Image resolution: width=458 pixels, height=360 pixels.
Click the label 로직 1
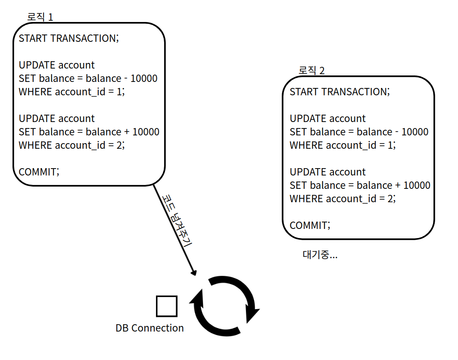(x=40, y=17)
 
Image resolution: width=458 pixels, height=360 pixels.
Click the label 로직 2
(x=312, y=70)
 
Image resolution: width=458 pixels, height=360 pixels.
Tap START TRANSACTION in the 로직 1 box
(x=69, y=38)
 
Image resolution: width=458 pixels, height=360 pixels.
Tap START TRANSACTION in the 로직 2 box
(x=340, y=92)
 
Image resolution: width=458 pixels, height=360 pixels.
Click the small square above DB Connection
(x=166, y=307)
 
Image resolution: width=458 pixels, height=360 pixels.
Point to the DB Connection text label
(x=150, y=328)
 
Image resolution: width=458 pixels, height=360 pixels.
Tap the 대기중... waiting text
(x=320, y=255)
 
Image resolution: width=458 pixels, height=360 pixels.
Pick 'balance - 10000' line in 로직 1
(x=88, y=78)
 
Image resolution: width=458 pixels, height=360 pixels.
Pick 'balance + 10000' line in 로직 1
(x=89, y=132)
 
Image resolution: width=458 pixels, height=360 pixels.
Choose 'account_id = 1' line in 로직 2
(x=343, y=145)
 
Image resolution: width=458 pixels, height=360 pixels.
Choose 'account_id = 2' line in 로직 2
(x=343, y=199)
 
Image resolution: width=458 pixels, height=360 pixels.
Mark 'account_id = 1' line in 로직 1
(x=72, y=92)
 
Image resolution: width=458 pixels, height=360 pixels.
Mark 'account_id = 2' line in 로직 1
(x=72, y=145)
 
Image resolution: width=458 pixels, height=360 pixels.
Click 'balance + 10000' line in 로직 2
(x=360, y=185)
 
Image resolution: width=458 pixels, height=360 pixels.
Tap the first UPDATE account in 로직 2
(x=327, y=119)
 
